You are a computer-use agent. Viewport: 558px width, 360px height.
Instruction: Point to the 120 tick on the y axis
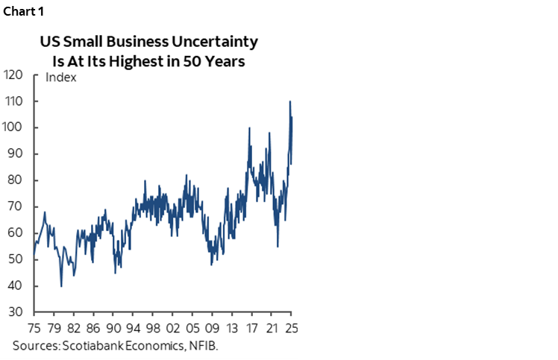(13, 75)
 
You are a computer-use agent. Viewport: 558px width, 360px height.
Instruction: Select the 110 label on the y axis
(13, 101)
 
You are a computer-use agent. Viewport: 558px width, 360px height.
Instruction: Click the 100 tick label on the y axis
(13, 127)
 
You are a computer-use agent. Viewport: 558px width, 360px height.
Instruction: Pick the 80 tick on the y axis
(16, 180)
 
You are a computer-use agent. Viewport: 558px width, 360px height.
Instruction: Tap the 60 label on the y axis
(16, 233)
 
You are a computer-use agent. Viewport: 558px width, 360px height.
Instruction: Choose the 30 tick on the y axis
(16, 312)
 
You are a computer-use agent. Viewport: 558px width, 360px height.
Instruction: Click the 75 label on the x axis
(34, 328)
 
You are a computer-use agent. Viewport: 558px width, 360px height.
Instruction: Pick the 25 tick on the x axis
(291, 328)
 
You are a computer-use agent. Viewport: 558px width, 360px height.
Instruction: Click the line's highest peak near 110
(289, 101)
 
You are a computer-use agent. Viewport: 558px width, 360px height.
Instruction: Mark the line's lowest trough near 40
(60, 285)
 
